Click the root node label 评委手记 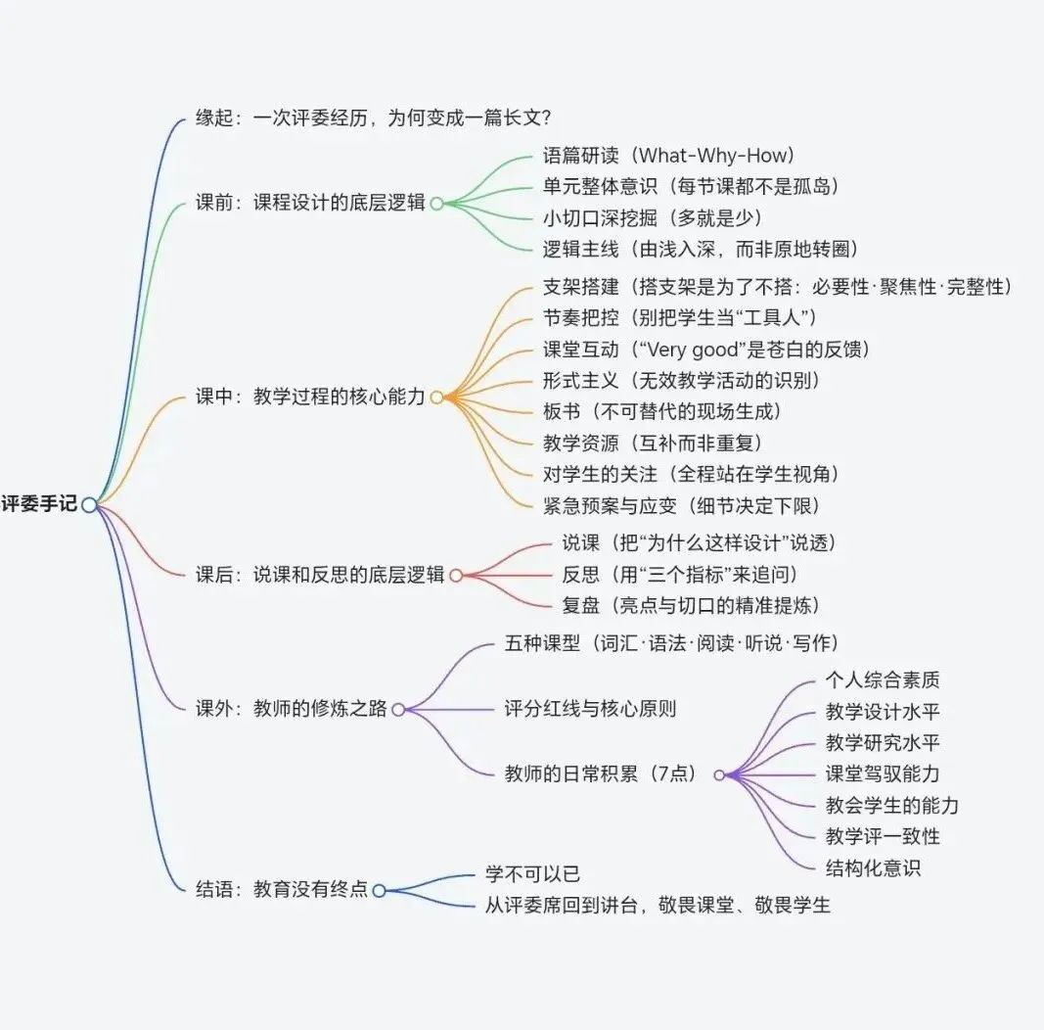point(39,503)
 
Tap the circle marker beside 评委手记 point(89,505)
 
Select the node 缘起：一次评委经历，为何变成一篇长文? point(374,117)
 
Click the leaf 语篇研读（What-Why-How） point(669,156)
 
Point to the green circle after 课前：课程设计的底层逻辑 point(436,204)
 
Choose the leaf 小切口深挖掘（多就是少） point(653,218)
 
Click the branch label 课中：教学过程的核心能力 point(310,398)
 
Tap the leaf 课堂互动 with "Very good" point(706,350)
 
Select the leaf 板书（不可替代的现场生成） point(662,412)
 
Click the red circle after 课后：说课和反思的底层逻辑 point(456,575)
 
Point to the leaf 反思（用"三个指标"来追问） point(680,575)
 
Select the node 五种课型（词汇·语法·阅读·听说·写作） point(672,643)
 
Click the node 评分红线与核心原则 point(591,708)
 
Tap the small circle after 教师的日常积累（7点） point(719,774)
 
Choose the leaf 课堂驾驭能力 point(883,773)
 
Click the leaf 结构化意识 point(874,868)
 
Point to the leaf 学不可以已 point(532,873)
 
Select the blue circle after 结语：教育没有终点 point(380,891)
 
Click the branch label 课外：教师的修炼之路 point(291,708)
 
